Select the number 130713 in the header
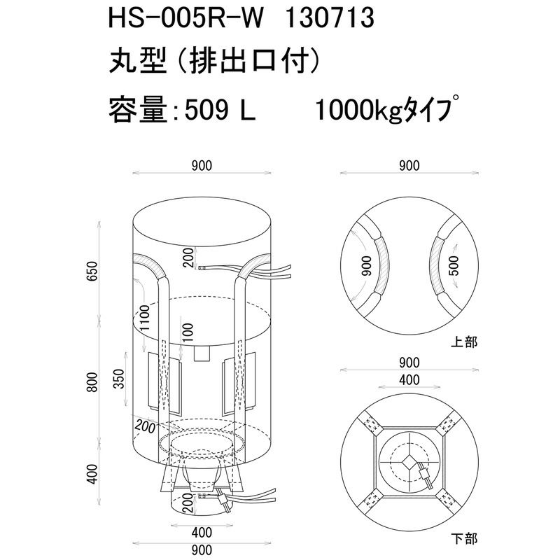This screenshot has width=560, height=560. click(329, 18)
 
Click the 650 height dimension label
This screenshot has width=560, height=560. click(92, 271)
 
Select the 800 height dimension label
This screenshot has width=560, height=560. click(92, 381)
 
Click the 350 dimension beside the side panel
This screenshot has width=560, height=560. click(120, 379)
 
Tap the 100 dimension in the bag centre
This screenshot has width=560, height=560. click(187, 332)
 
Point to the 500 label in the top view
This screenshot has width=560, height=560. click(454, 265)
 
